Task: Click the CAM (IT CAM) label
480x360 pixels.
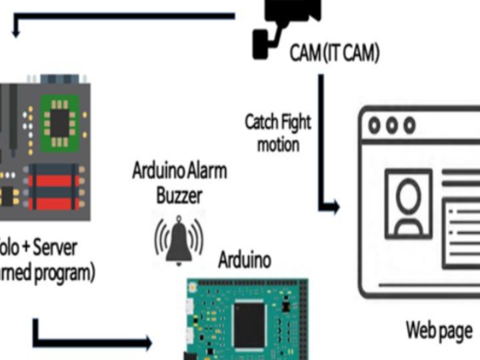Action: [x=335, y=53]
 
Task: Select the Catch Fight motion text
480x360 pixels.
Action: [x=277, y=132]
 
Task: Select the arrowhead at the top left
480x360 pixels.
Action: [x=17, y=29]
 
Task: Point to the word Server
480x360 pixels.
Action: [x=54, y=247]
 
